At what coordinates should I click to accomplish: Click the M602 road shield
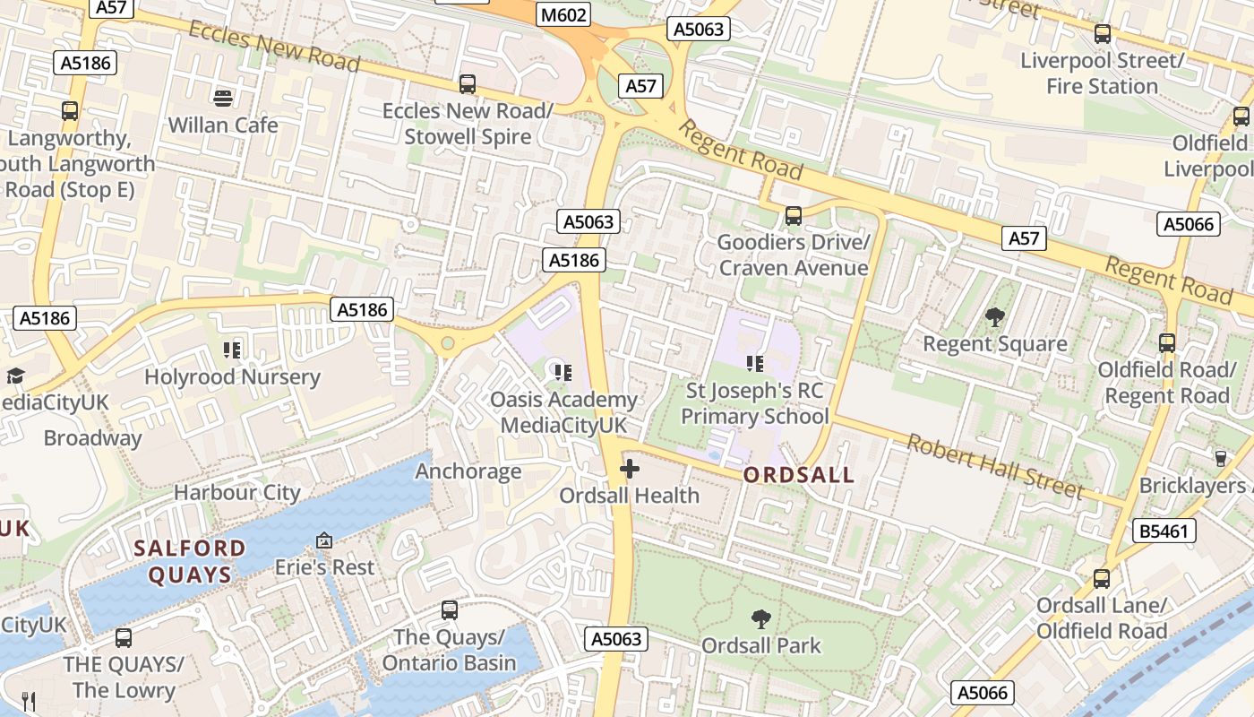[x=564, y=15]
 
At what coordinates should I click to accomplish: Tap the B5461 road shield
[x=1164, y=531]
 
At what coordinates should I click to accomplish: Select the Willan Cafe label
[x=223, y=125]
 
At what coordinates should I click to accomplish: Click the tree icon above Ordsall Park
[x=760, y=618]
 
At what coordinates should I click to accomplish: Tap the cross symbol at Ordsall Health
[x=630, y=468]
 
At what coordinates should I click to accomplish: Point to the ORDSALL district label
[x=799, y=475]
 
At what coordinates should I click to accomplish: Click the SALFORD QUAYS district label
[x=190, y=561]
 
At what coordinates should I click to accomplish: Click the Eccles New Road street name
[x=273, y=45]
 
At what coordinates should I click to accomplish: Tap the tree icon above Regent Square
[x=994, y=316]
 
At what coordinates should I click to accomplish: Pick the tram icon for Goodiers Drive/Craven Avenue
[x=793, y=215]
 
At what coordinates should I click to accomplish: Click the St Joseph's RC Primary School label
[x=755, y=403]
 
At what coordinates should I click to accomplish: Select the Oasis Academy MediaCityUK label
[x=563, y=412]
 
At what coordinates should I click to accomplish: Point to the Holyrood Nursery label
[x=232, y=376]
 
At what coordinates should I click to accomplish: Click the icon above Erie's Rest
[x=324, y=540]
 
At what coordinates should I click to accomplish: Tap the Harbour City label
[x=237, y=492]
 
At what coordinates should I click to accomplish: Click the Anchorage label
[x=468, y=471]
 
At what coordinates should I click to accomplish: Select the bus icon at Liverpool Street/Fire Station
[x=1103, y=34]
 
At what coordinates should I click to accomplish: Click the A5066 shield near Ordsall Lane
[x=983, y=693]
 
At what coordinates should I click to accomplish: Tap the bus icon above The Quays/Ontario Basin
[x=450, y=610]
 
